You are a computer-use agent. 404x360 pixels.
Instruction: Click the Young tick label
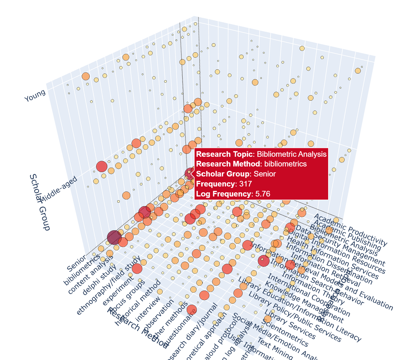pos(35,96)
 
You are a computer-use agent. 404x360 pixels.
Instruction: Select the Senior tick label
pos(76,263)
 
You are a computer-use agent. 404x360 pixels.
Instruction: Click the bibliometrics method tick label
pos(81,270)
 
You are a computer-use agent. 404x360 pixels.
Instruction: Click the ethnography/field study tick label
pos(109,286)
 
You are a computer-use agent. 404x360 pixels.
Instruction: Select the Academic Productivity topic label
pos(350,230)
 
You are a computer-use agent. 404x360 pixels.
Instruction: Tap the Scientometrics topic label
pos(285,332)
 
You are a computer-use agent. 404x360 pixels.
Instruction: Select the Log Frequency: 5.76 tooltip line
pos(233,194)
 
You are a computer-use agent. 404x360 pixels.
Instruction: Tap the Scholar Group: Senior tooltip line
pos(236,174)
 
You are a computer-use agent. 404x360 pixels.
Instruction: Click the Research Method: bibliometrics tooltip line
pos(251,164)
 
